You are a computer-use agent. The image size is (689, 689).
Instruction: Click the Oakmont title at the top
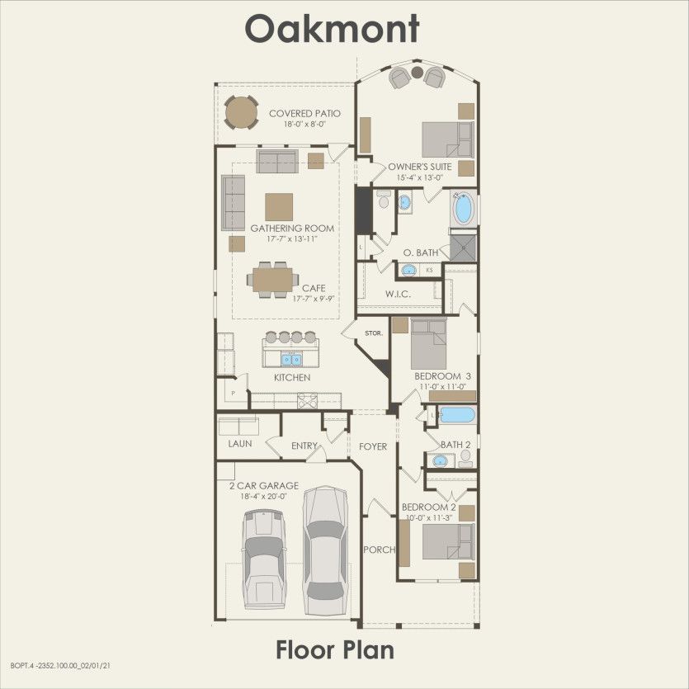click(332, 28)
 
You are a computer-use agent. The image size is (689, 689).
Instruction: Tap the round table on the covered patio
click(241, 112)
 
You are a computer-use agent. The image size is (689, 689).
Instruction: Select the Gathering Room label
click(292, 229)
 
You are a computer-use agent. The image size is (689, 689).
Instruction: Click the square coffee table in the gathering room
click(279, 206)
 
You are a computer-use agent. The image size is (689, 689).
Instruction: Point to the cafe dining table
click(273, 280)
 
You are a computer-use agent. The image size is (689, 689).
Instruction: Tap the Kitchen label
click(292, 377)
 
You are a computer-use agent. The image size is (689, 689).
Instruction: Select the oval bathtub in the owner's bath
click(464, 208)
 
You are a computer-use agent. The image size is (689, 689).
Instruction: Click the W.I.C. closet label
click(399, 295)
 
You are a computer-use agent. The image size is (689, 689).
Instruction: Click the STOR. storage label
click(374, 333)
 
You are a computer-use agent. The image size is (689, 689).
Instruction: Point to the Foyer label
click(373, 446)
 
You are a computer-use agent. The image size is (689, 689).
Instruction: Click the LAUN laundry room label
click(240, 443)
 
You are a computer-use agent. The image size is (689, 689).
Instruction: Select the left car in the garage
click(262, 558)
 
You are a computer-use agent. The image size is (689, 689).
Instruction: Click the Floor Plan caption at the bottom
click(334, 649)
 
